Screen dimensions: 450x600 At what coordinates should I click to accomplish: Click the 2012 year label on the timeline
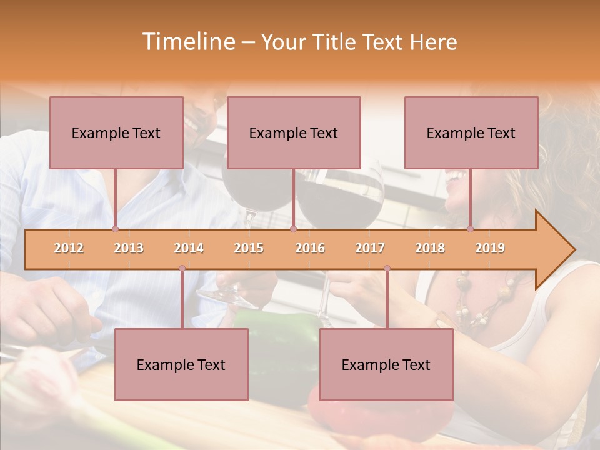(69, 248)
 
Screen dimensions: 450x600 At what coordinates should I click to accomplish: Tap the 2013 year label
(129, 248)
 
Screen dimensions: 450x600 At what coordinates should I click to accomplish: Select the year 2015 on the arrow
(249, 248)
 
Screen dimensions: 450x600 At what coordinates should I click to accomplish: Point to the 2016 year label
(310, 248)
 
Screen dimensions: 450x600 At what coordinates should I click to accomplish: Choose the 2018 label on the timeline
(430, 248)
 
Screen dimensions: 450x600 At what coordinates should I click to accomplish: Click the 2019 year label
(490, 248)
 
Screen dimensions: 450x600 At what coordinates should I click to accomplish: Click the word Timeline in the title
(187, 42)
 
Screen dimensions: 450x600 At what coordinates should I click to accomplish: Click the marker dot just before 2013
(116, 229)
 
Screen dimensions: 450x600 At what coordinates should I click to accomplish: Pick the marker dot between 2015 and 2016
(293, 229)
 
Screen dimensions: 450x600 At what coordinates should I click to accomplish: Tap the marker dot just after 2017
(387, 269)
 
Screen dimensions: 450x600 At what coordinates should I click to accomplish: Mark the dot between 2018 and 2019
(471, 229)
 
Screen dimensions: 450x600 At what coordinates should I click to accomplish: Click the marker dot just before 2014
(182, 269)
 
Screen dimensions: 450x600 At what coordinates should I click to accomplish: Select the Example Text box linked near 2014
(181, 364)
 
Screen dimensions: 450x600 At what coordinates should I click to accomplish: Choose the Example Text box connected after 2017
(386, 364)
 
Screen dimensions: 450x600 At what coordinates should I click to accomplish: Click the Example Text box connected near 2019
(471, 132)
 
